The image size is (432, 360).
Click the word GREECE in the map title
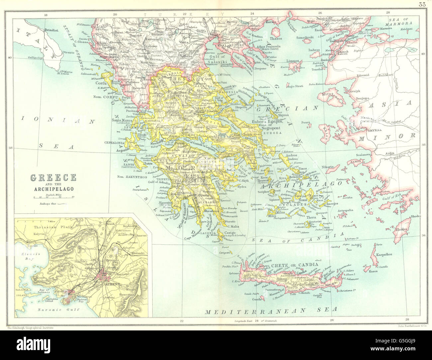tap(54, 178)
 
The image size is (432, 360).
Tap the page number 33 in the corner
tap(423, 4)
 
